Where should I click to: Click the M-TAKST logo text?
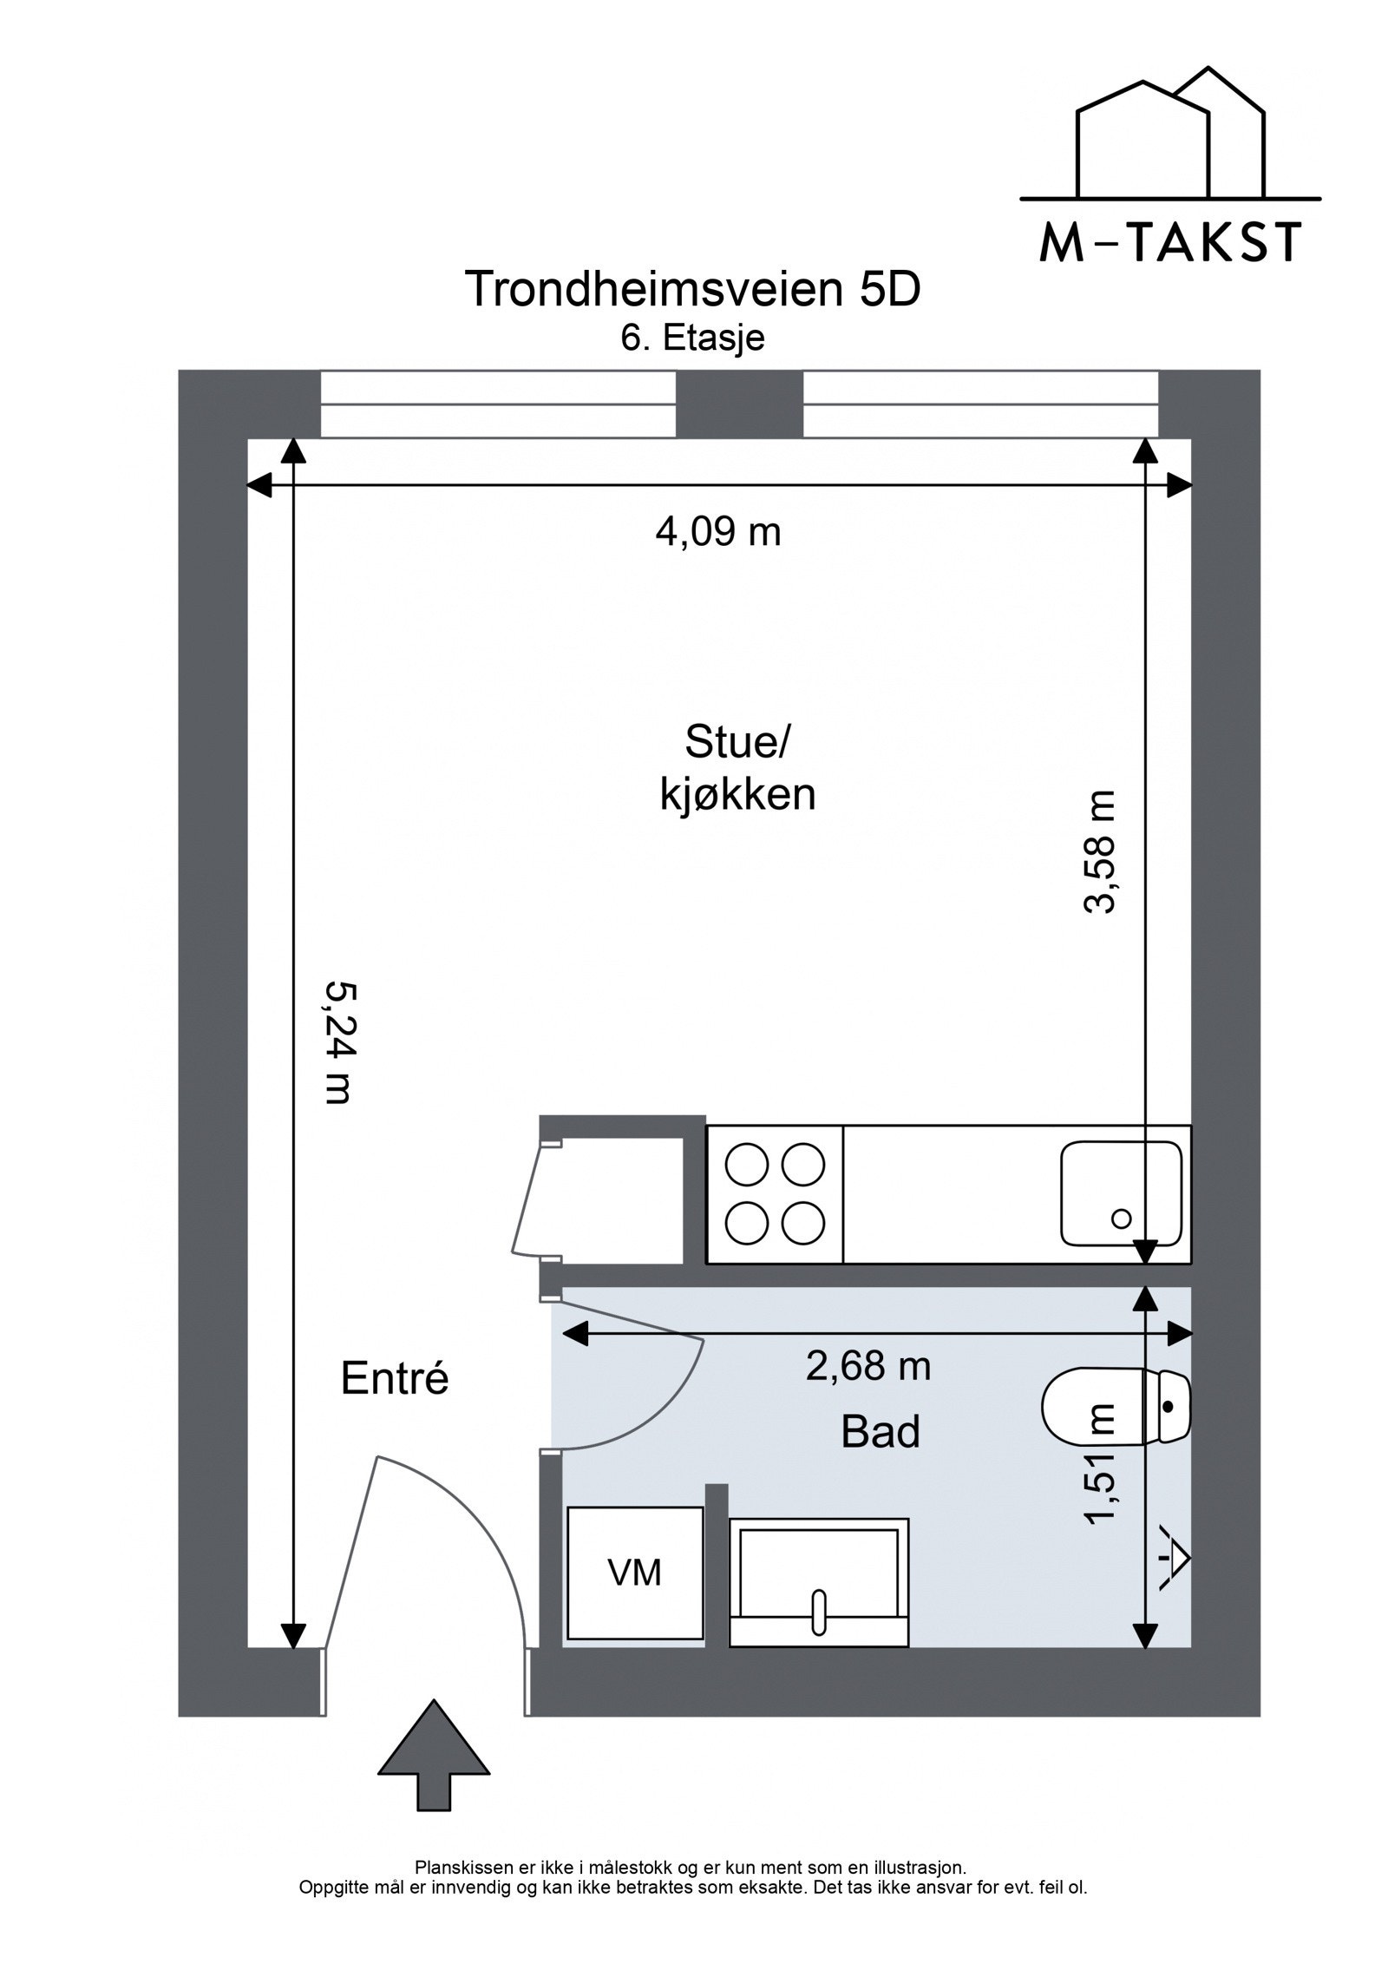point(1170,243)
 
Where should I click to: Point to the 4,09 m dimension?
point(718,531)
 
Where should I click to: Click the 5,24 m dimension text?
point(337,1042)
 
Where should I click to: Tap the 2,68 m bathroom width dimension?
point(868,1365)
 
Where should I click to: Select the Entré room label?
point(395,1378)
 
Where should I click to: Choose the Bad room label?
point(880,1431)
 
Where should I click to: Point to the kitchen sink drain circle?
point(1121,1218)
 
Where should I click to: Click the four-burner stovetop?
point(775,1193)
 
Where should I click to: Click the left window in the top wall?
point(498,404)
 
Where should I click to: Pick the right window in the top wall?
point(980,404)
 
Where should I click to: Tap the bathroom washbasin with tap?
point(819,1582)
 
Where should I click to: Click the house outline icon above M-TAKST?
point(1170,135)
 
